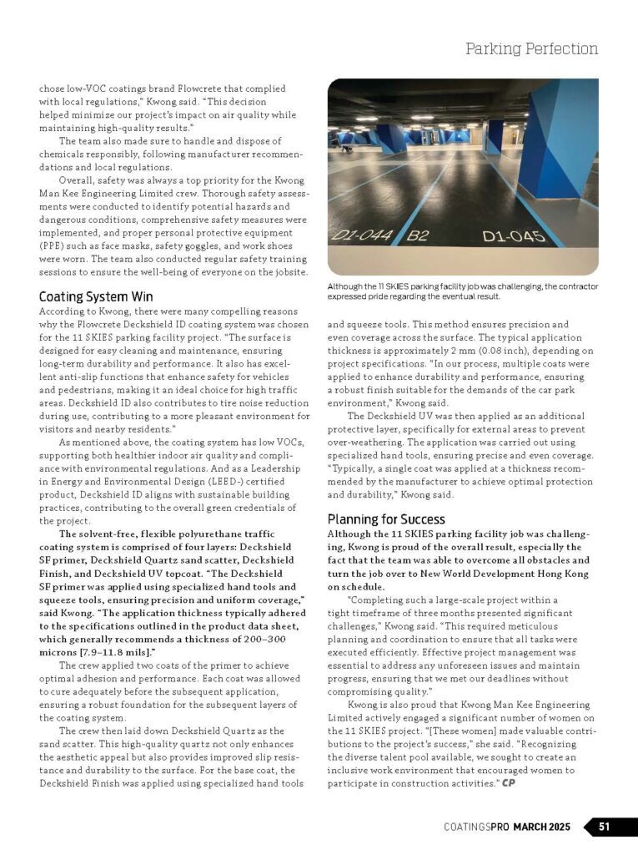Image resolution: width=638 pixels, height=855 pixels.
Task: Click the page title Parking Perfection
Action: [x=531, y=48]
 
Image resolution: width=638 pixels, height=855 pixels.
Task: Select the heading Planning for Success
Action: [x=386, y=519]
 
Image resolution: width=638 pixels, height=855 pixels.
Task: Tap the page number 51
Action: [x=605, y=827]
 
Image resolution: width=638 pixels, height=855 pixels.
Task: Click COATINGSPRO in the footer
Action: [x=476, y=827]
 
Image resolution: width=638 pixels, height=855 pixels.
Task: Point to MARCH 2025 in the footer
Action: [x=542, y=827]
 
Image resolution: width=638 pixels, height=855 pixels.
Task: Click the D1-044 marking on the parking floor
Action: [x=362, y=235]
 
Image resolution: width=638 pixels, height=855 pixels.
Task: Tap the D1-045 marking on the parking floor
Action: [x=515, y=235]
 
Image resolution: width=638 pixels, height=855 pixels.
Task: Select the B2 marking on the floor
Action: [x=417, y=235]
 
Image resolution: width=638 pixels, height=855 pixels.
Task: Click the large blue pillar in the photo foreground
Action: [x=557, y=142]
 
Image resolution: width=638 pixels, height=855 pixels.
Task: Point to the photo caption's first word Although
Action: [x=349, y=286]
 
